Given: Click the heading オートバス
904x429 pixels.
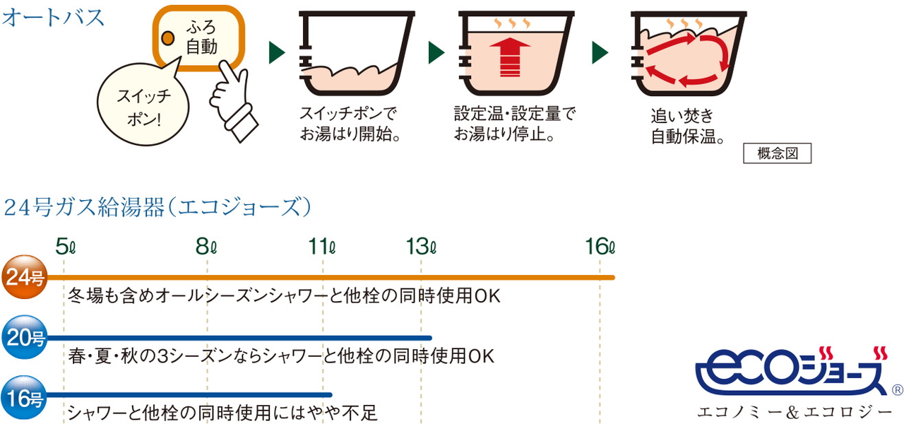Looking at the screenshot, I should [54, 18].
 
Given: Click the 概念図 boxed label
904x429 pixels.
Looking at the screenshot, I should [777, 153].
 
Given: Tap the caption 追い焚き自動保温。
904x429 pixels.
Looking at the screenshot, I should [689, 126].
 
